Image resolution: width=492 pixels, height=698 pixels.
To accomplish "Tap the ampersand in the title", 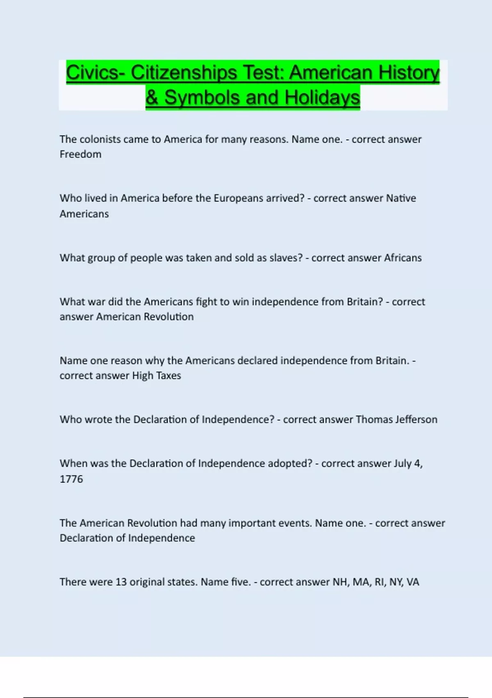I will (x=152, y=98).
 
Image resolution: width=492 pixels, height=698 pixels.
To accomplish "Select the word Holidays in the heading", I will (x=322, y=98).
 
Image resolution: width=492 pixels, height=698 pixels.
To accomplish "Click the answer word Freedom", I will (x=80, y=154).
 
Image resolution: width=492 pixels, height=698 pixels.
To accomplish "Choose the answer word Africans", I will (x=403, y=258).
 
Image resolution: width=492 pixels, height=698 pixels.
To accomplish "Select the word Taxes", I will (x=169, y=376).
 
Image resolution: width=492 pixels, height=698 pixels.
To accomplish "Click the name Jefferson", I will (x=416, y=420).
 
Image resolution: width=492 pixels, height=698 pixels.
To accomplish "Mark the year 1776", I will (x=71, y=479).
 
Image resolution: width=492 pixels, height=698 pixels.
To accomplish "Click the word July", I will (x=402, y=464).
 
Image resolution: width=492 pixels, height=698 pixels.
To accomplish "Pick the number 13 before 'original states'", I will (x=121, y=582).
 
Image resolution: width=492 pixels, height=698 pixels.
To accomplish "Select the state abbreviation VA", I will (x=413, y=582).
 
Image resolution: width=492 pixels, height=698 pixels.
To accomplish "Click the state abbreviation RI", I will (x=380, y=582).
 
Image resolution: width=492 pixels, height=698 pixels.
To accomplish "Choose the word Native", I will (x=401, y=198).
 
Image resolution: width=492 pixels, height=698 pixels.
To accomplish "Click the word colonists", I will (x=100, y=140).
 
